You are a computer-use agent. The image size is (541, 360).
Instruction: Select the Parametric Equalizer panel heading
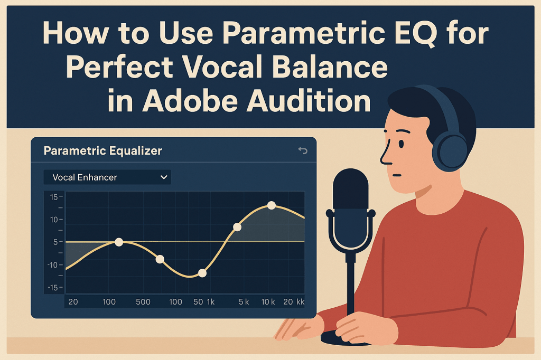102,151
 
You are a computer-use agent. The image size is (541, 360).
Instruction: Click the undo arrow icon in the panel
303,151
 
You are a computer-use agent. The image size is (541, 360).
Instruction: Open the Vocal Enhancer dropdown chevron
163,177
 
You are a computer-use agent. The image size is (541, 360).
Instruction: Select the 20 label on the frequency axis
73,302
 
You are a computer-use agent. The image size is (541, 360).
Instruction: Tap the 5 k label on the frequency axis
244,302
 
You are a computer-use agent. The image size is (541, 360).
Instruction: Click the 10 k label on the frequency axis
268,302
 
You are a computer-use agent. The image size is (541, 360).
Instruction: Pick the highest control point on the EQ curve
272,205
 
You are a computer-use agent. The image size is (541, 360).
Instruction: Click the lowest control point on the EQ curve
202,273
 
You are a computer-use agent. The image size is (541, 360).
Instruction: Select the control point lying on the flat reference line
119,242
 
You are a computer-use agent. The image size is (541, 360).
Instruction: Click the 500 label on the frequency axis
143,302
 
